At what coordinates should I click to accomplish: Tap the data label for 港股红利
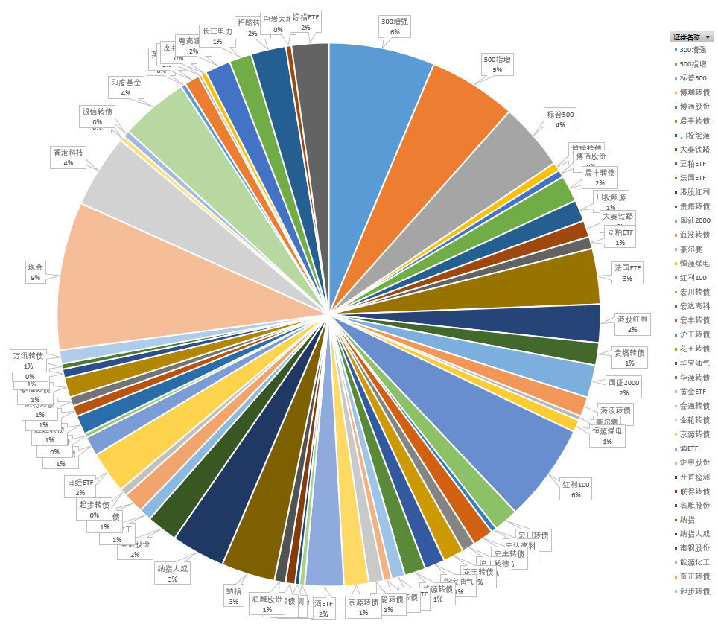[x=632, y=323]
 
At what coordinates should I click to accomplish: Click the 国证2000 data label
[x=623, y=386]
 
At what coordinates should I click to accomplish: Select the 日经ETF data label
[x=80, y=487]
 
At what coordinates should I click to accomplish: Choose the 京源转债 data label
[x=363, y=607]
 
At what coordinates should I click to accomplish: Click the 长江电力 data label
[x=217, y=36]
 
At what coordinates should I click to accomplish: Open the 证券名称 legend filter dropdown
[x=708, y=36]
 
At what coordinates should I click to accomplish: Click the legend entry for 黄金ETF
[x=692, y=392]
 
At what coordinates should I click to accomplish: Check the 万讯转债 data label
[x=28, y=360]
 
